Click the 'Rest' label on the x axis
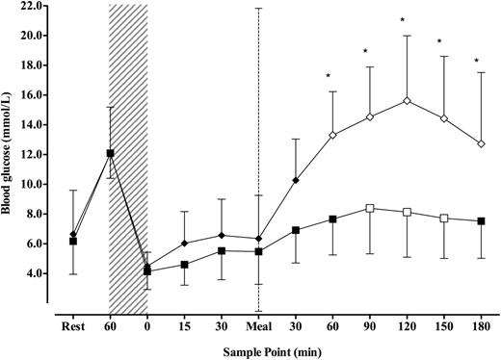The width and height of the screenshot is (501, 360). tap(72, 325)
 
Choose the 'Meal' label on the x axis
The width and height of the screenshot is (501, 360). tap(257, 325)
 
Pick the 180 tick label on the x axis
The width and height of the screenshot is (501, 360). tap(480, 325)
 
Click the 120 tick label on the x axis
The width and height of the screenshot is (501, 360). tap(407, 325)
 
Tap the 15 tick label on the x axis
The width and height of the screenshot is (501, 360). tap(184, 325)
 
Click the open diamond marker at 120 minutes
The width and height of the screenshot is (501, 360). tap(407, 100)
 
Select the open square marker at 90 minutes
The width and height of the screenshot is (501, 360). tap(369, 208)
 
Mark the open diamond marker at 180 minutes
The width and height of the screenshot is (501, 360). tap(480, 144)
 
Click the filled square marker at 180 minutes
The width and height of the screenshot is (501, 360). tap(480, 220)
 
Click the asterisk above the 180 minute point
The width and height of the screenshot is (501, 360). tap(476, 62)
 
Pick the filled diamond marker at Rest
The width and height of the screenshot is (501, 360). tap(72, 234)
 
